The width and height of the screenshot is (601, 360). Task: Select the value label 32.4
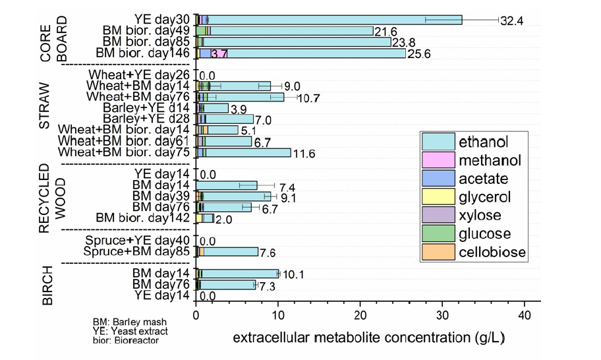512,21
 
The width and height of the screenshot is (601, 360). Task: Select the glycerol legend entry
488,197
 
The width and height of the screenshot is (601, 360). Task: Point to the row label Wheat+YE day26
139,75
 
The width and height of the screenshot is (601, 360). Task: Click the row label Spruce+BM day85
137,251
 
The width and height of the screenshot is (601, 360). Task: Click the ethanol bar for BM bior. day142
208,218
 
